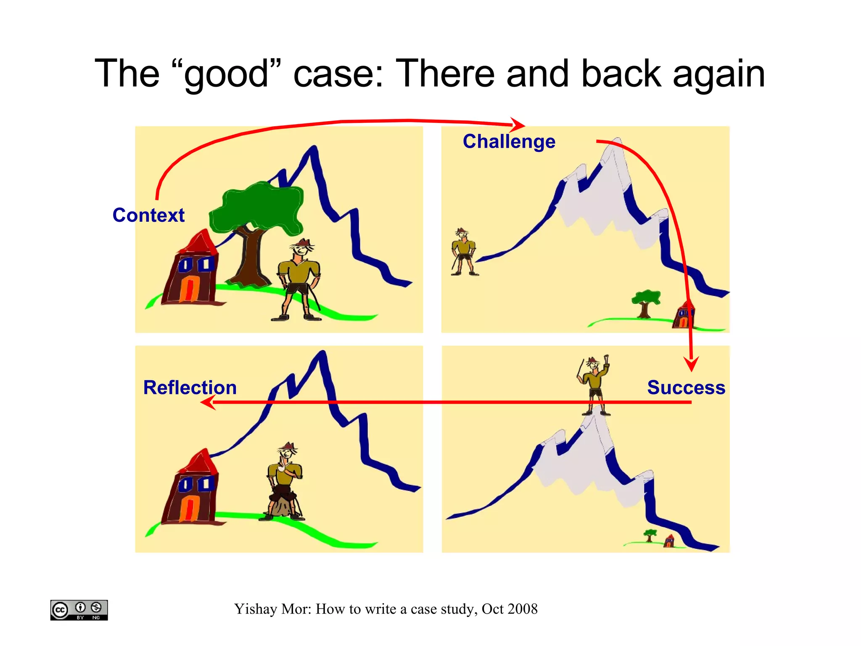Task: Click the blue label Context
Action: coord(148,215)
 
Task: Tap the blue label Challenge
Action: coord(509,141)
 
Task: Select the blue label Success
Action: coord(686,388)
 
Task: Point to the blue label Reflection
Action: coord(190,388)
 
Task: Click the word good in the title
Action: coord(226,74)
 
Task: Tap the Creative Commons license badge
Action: coord(79,610)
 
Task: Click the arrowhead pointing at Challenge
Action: coord(518,125)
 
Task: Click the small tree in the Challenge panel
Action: coord(645,301)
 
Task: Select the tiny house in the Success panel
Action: coord(669,541)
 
